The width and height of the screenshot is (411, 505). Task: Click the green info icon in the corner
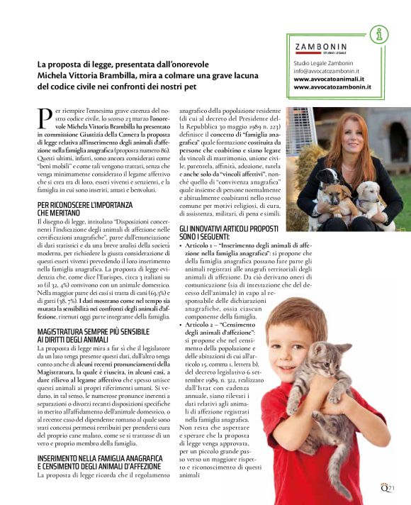pos(381,33)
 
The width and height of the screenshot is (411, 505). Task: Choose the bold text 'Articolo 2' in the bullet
pos(201,323)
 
